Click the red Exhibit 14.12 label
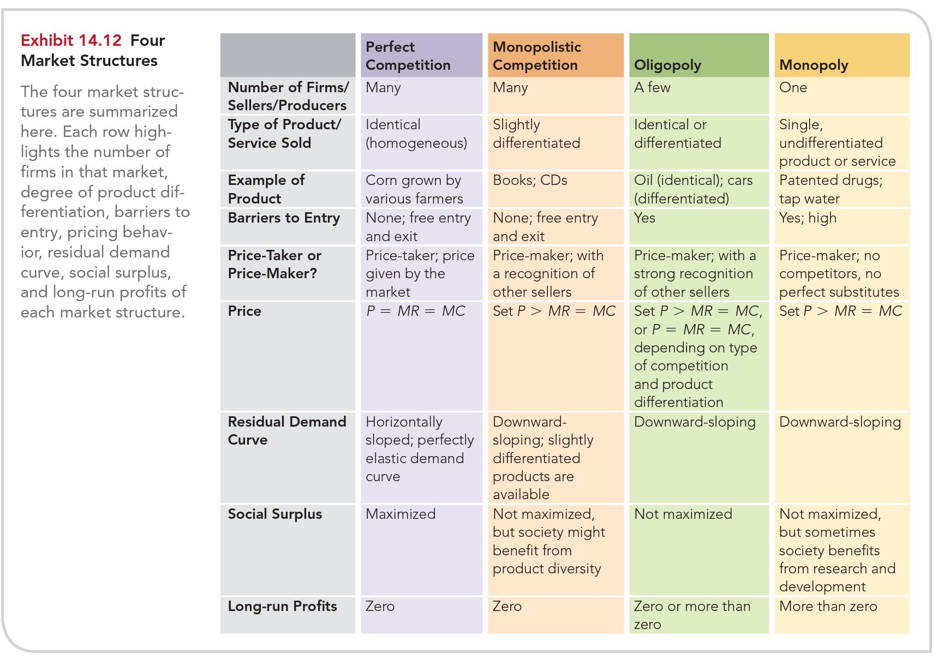tap(71, 40)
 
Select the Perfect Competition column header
tap(408, 56)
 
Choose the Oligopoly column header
tap(667, 65)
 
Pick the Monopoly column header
tap(814, 65)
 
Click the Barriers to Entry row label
tap(284, 218)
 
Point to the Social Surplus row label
tap(275, 514)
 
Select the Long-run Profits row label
tap(282, 606)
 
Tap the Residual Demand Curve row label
tap(286, 430)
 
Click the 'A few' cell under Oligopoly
tap(652, 87)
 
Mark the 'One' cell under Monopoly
tap(793, 87)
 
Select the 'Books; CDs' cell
tap(530, 180)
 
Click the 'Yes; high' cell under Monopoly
tap(808, 218)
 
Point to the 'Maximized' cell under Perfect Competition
tap(401, 514)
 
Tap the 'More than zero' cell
tap(828, 606)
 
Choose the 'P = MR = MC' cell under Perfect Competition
tap(415, 311)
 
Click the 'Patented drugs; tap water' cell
tap(831, 189)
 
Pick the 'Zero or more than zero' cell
tap(692, 615)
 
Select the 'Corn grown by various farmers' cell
tap(414, 189)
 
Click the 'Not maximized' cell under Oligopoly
tap(683, 514)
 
